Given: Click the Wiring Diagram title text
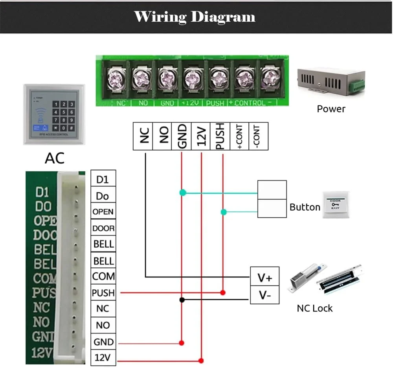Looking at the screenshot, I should [x=195, y=17].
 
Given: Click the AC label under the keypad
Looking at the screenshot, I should [x=54, y=158].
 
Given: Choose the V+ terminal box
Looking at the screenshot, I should [x=264, y=278].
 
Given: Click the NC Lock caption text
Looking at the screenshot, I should [x=314, y=308].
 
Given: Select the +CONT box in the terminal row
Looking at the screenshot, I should [x=239, y=136].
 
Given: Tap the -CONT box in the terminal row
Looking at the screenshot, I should [x=258, y=136].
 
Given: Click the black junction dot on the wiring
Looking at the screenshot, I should [x=182, y=300].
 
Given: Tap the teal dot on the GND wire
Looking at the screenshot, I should [x=182, y=193].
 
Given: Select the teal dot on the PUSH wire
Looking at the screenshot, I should [x=223, y=212].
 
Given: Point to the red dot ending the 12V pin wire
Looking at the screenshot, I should [x=201, y=360].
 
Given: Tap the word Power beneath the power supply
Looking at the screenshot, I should [x=331, y=109].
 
